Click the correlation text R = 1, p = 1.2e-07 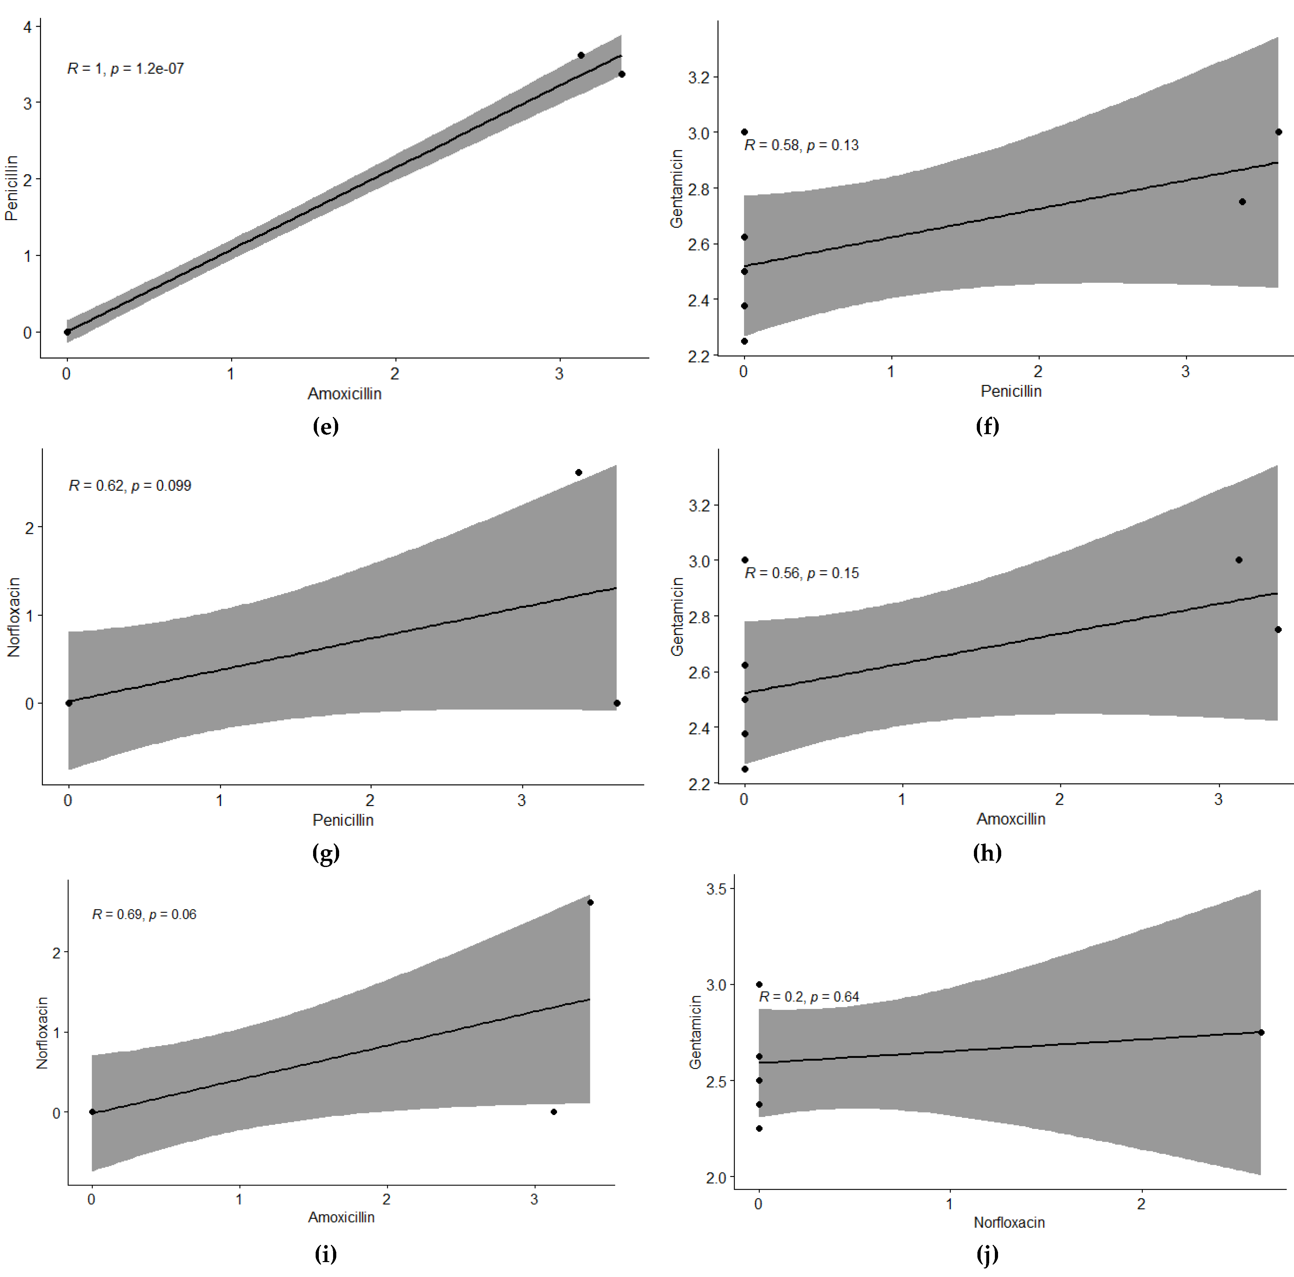(x=125, y=68)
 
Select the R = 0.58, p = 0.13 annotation (x=801, y=145)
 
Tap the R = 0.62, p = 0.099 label (x=130, y=485)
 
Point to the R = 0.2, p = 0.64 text (x=808, y=996)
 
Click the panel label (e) (x=325, y=426)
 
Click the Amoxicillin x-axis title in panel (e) (x=344, y=393)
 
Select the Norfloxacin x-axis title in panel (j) (x=1009, y=1222)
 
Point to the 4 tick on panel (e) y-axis (x=27, y=27)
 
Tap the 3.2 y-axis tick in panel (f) (x=699, y=77)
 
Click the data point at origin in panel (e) (x=67, y=332)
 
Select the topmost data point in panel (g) (x=579, y=472)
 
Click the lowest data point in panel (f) (x=744, y=341)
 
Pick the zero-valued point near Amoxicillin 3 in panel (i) (x=553, y=1112)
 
